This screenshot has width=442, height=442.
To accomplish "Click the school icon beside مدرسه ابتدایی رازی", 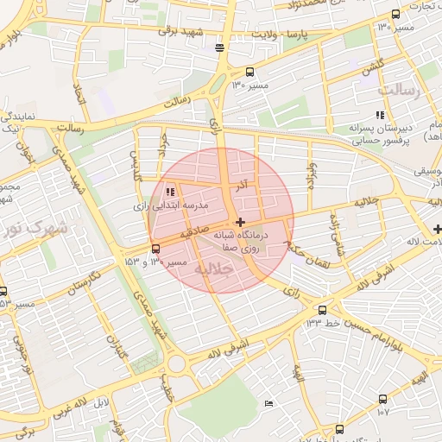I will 170,191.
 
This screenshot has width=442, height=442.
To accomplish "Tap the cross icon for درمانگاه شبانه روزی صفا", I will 239,223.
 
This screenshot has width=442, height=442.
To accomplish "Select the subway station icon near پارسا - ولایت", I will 220,47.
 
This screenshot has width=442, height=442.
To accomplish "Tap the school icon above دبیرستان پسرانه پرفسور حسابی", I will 378,115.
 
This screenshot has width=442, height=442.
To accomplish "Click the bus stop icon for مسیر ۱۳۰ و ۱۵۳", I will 155,249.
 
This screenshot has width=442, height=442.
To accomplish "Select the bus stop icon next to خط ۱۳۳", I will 322,310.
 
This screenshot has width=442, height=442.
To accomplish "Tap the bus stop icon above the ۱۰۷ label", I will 383,398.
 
